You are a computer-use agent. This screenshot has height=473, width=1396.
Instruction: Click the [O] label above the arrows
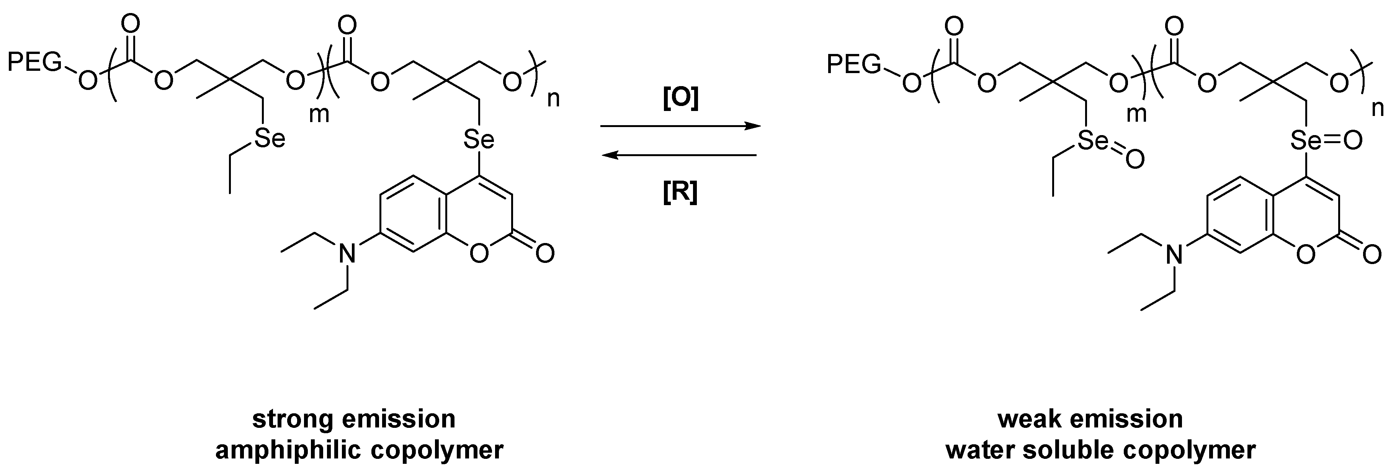pos(681,99)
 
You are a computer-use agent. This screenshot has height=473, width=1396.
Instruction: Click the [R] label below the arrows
pos(680,192)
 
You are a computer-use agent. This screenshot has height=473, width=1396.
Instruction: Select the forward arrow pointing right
pos(680,126)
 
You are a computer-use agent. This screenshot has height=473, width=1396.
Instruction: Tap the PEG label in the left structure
pos(34,64)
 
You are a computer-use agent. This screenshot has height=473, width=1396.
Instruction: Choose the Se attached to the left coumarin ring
pos(479,140)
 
